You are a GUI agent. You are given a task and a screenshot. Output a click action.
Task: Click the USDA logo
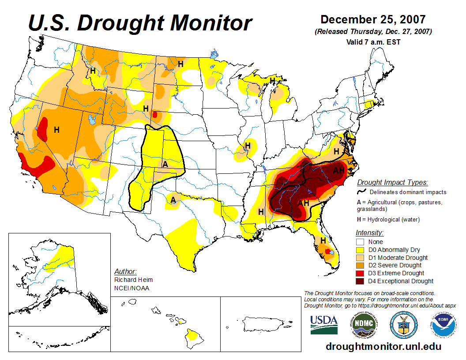[x=324, y=325]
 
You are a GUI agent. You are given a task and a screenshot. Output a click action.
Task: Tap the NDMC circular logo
[x=364, y=324]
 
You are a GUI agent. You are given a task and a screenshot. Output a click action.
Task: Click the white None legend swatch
[x=360, y=242]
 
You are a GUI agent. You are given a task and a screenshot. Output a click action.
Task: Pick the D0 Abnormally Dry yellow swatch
[x=360, y=250]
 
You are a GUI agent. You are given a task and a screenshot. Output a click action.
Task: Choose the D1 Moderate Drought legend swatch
[x=360, y=258]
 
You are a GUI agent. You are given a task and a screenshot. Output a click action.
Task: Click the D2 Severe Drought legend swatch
[x=360, y=265]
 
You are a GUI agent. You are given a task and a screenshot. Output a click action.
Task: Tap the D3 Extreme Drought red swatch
[x=360, y=273]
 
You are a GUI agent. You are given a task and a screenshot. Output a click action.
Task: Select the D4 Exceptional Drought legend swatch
[x=360, y=281]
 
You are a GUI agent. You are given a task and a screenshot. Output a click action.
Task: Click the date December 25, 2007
[x=373, y=20]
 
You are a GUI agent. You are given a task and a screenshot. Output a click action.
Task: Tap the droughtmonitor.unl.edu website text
[x=383, y=346]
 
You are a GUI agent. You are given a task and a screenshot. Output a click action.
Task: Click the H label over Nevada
[x=56, y=130]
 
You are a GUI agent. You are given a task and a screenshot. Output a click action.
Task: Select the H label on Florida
[x=323, y=240]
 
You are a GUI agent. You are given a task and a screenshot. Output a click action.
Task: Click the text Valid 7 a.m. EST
[x=373, y=42]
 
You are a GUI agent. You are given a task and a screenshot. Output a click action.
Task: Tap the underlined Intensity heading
[x=369, y=233]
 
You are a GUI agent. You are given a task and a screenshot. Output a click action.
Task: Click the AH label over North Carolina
[x=338, y=171]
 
